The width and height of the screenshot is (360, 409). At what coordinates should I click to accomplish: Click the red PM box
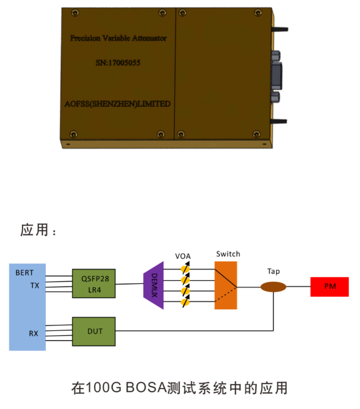(330, 287)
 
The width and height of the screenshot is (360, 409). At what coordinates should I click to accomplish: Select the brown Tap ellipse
(274, 287)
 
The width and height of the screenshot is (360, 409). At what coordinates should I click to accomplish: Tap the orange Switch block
(225, 285)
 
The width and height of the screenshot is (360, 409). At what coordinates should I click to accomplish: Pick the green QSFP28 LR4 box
(94, 283)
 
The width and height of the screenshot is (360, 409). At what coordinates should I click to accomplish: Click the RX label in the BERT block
(33, 333)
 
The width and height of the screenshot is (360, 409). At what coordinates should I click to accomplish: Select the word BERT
(24, 272)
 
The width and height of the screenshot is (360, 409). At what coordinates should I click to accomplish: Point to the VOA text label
(183, 256)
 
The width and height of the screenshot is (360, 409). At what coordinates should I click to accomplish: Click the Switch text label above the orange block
(228, 254)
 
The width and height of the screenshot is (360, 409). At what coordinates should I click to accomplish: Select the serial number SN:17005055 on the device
(118, 63)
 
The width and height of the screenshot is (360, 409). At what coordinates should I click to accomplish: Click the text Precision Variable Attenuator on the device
(119, 38)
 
